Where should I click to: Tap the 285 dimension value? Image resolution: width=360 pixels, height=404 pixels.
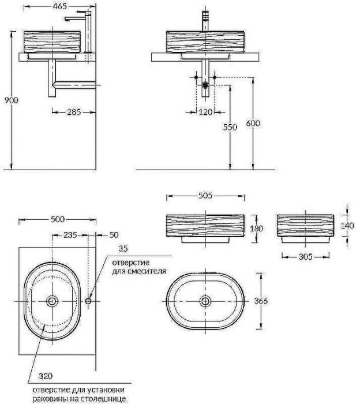coord(73,112)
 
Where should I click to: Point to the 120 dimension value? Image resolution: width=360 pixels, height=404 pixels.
coord(206,112)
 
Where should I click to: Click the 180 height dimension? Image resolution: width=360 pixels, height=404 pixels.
coord(256,229)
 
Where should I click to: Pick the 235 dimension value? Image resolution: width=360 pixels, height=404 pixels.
coord(70,235)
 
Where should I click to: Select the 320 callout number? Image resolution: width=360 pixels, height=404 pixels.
coord(46,376)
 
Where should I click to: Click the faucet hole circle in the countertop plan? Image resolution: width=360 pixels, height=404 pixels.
coord(88,301)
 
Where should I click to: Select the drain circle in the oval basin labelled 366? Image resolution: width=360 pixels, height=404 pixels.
coord(205,301)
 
